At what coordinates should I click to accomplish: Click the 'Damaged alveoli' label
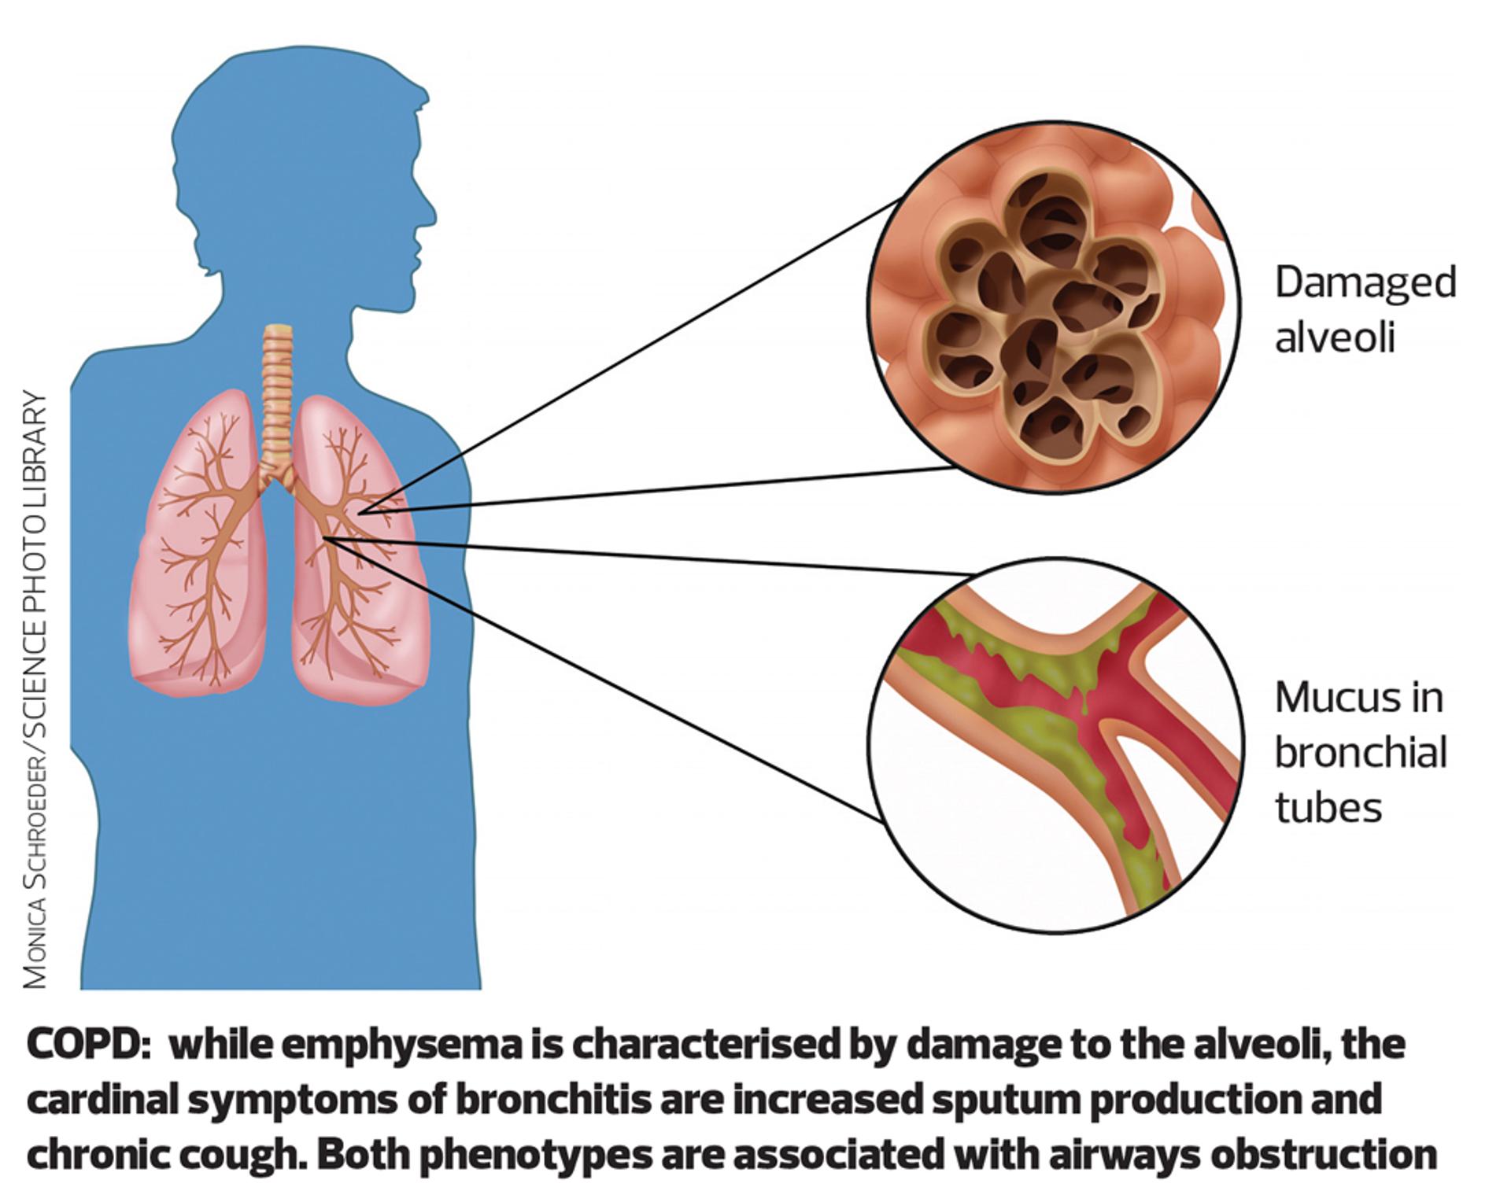click(x=1365, y=310)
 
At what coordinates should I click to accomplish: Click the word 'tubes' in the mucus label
click(x=1328, y=808)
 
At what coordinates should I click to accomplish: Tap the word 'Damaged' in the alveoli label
click(x=1365, y=282)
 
